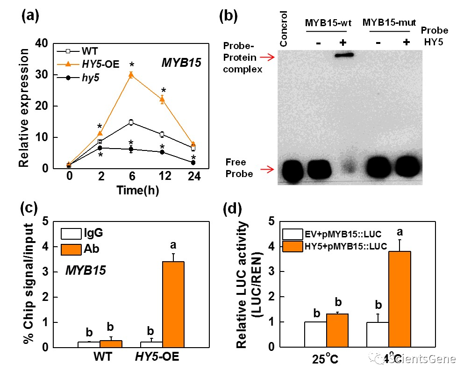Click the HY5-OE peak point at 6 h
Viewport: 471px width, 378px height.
[x=131, y=75]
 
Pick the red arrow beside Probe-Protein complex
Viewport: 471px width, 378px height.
[x=267, y=57]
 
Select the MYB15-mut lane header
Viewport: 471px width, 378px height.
[x=390, y=22]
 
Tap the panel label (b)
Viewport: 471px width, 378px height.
[x=228, y=16]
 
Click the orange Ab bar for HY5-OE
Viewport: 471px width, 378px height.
[x=171, y=304]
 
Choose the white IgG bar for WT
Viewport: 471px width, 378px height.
[x=86, y=344]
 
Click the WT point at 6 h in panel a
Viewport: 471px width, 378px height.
[x=131, y=122]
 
